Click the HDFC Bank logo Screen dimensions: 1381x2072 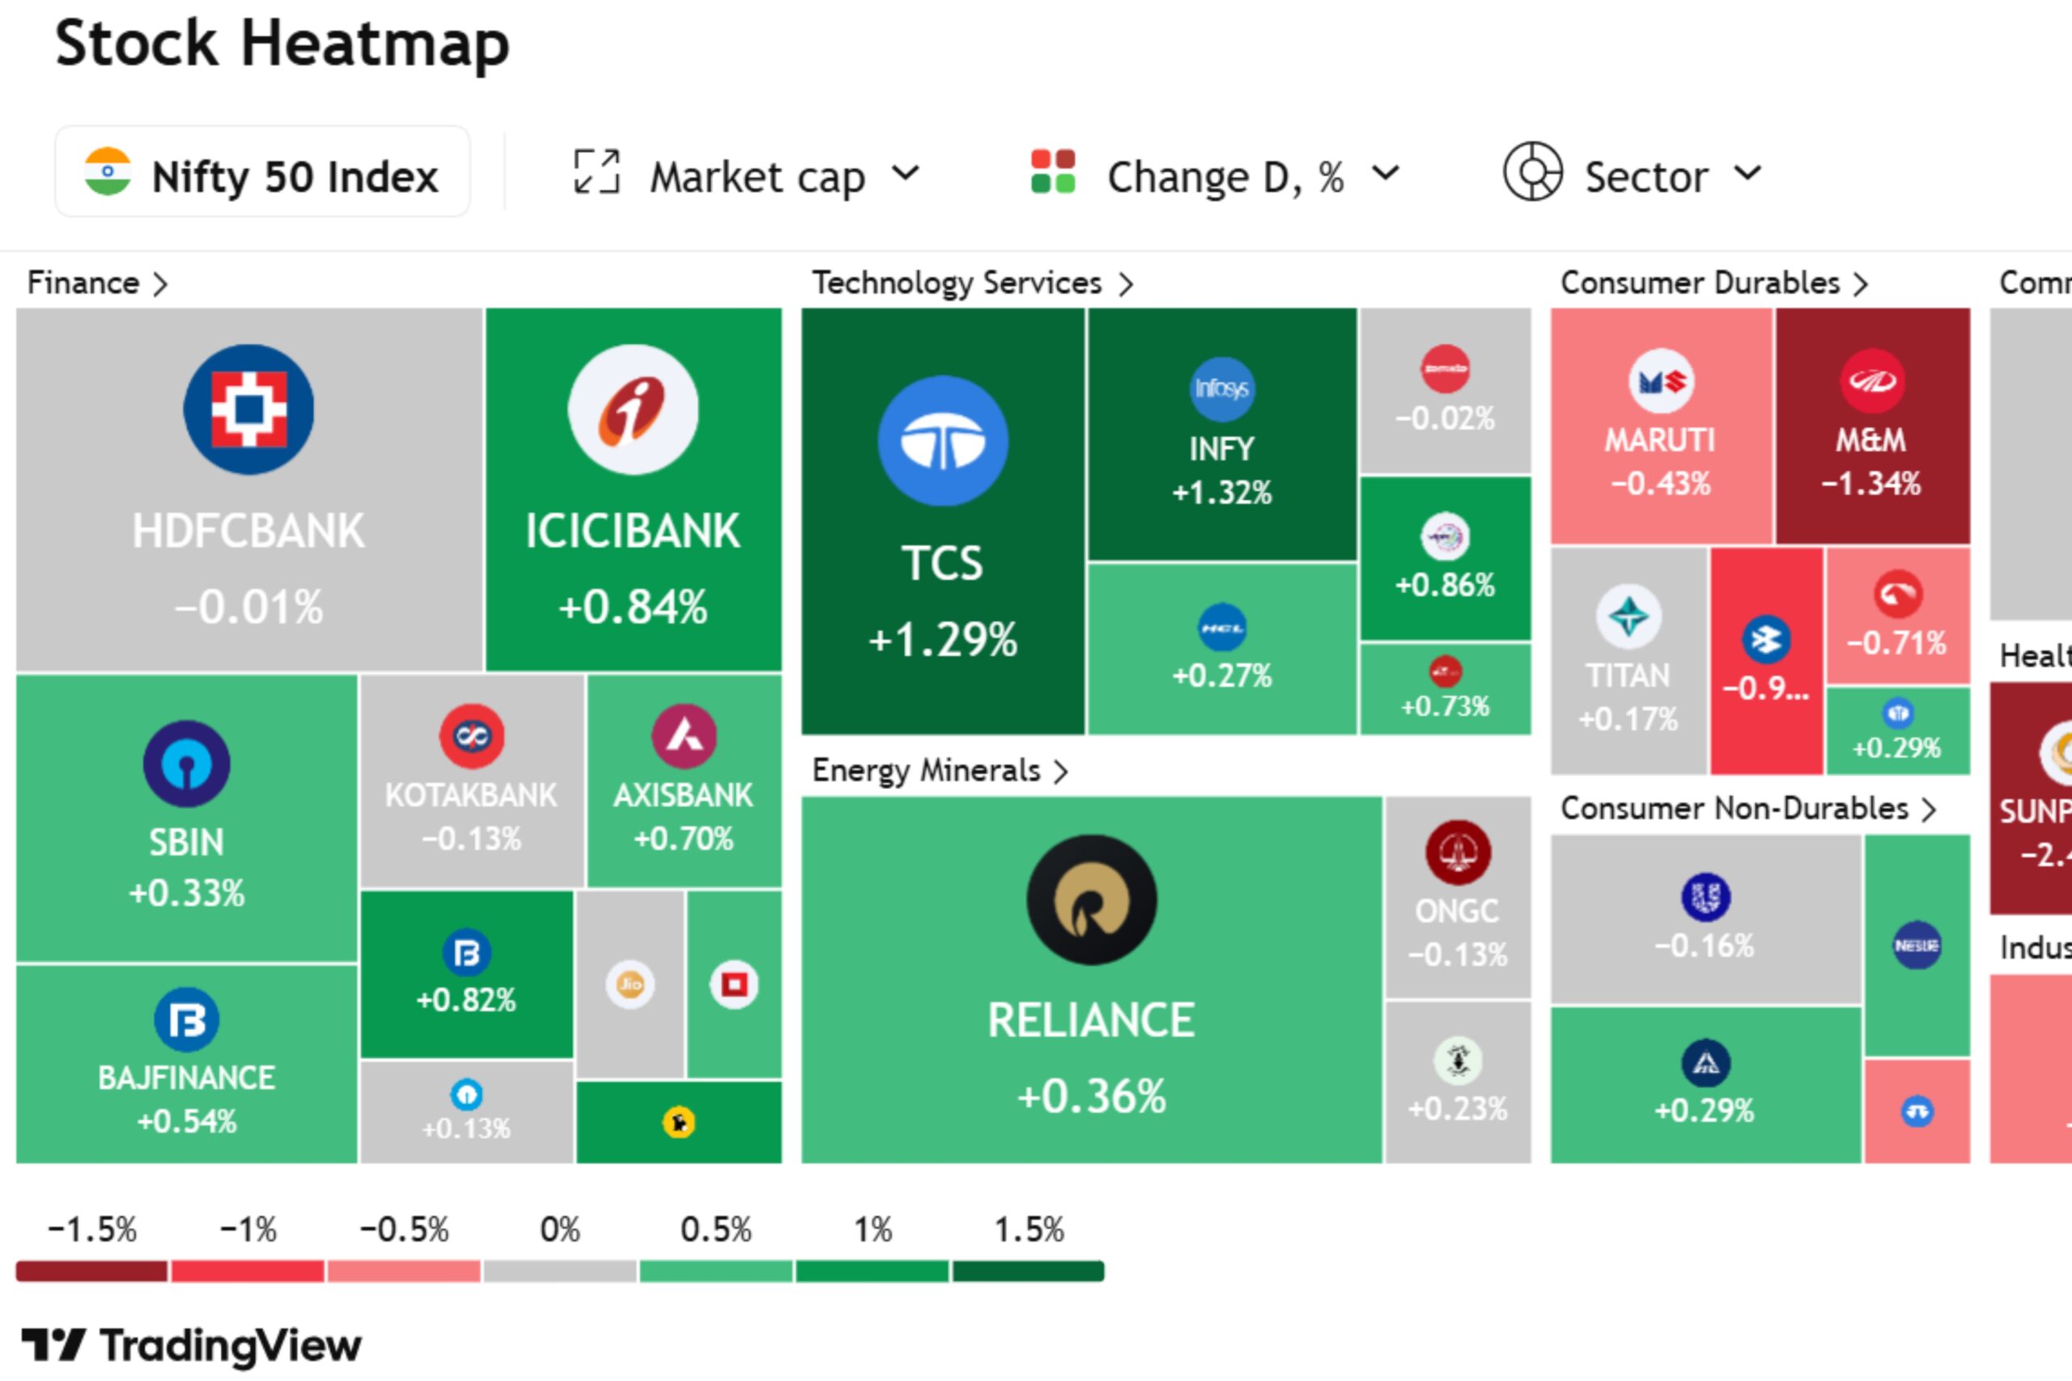point(248,409)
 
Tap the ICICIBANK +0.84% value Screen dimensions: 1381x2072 point(632,607)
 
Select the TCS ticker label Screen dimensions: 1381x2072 point(942,564)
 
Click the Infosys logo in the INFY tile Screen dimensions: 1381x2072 point(1222,388)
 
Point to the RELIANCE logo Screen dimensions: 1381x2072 point(1092,900)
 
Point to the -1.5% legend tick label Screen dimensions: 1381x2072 point(92,1230)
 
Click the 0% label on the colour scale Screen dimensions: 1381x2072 point(560,1230)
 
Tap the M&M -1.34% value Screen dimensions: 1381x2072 point(1871,484)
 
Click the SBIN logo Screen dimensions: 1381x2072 point(186,764)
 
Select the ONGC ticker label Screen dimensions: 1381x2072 point(1457,912)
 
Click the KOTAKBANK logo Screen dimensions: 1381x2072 point(472,735)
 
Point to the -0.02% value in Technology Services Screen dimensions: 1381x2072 point(1445,418)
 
